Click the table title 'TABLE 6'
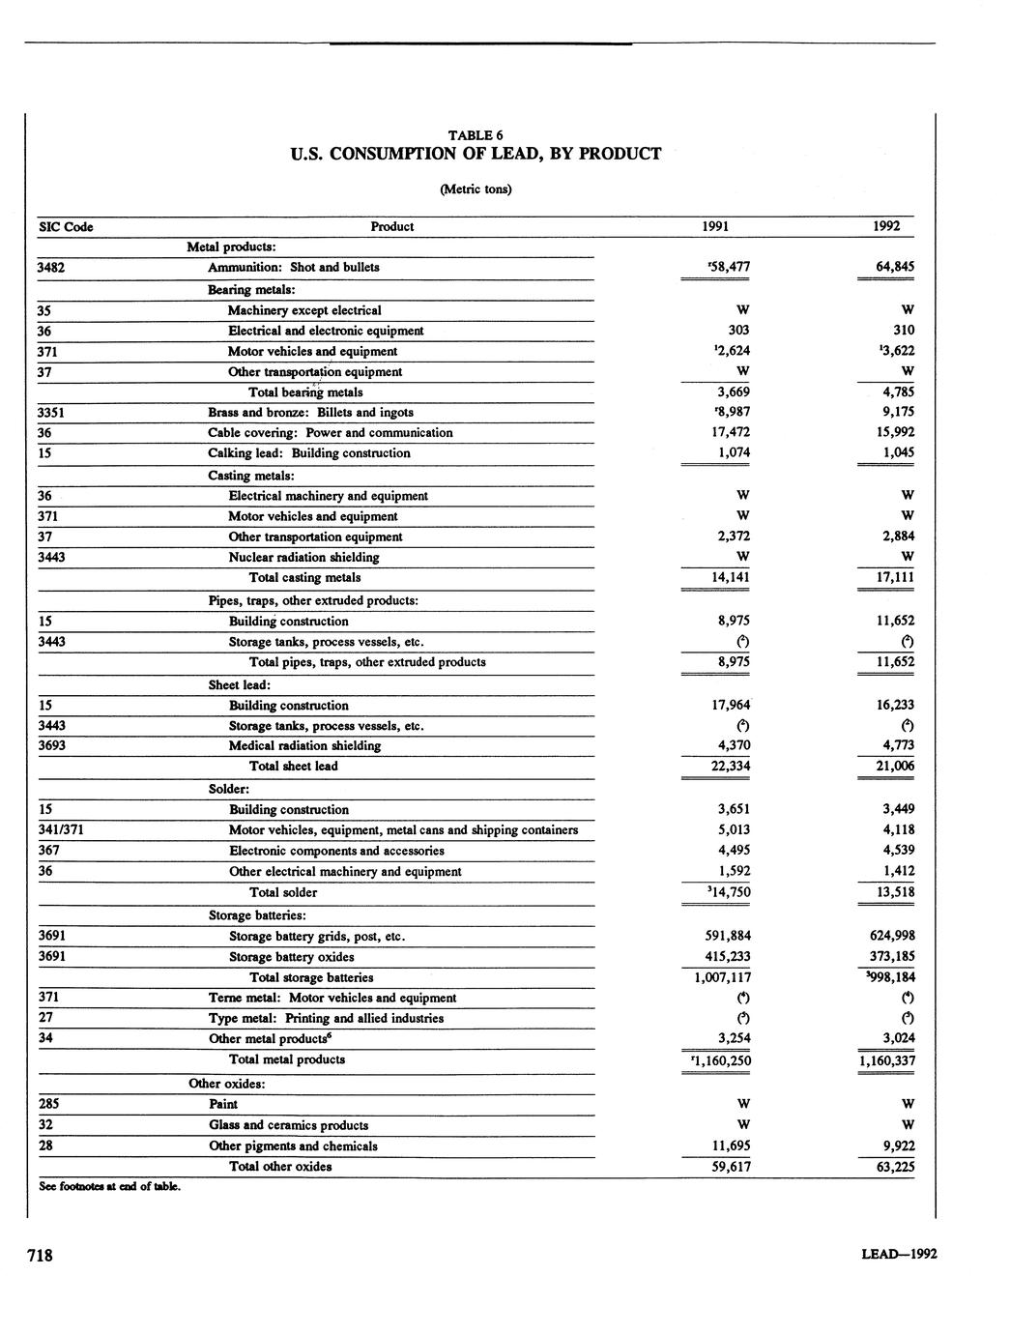point(475,135)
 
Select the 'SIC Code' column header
point(66,227)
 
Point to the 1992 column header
point(885,227)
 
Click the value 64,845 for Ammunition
point(891,267)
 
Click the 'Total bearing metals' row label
point(305,392)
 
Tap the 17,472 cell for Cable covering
point(730,433)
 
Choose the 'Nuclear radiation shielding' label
point(303,558)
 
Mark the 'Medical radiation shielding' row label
point(304,746)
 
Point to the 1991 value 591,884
point(728,936)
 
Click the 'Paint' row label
point(223,1104)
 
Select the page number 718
point(40,1256)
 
